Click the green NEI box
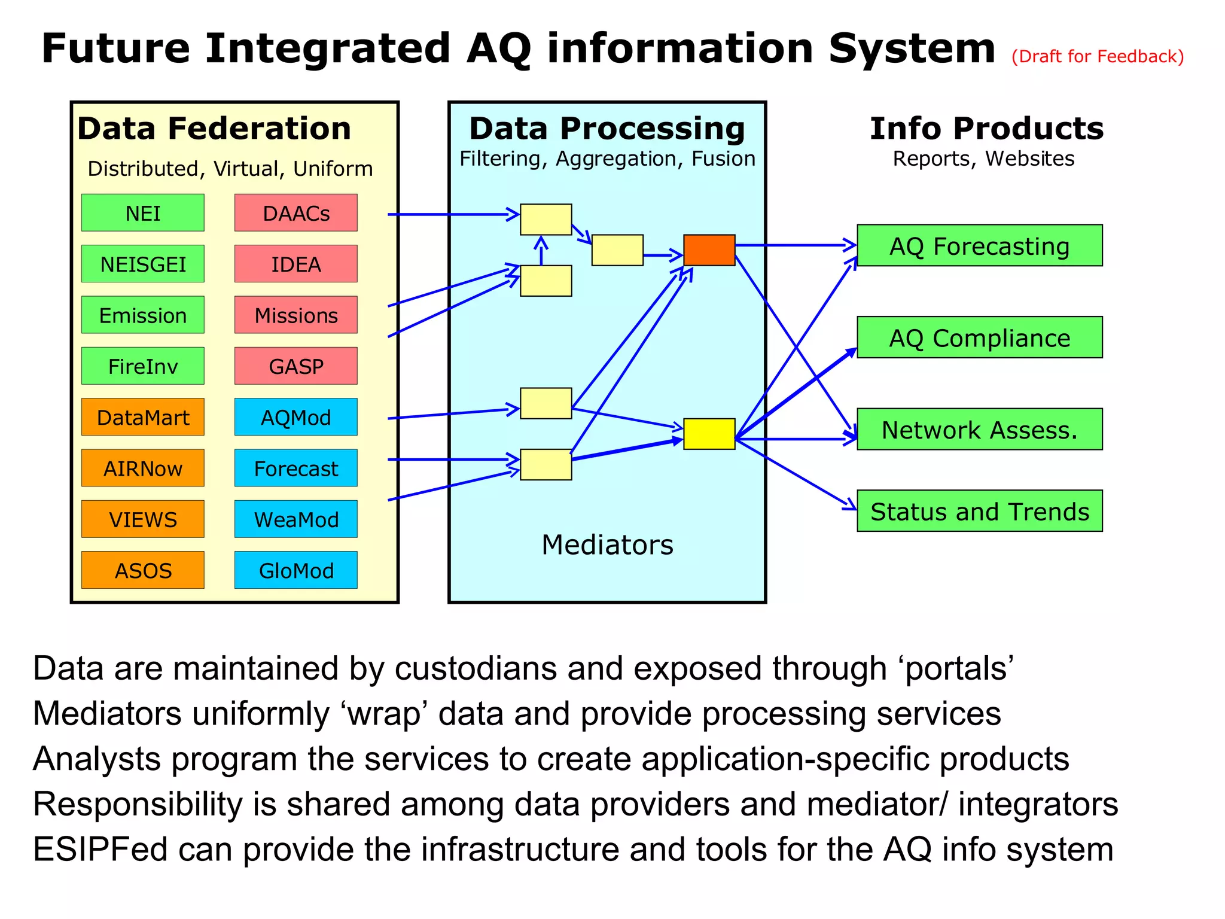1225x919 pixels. [142, 212]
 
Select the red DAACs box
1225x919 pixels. [295, 212]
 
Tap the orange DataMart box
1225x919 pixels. [142, 417]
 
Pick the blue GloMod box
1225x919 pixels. [295, 570]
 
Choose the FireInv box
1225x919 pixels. [142, 366]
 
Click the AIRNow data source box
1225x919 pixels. [142, 468]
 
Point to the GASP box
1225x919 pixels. [295, 366]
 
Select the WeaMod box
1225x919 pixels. [295, 519]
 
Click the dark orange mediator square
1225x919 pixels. [709, 250]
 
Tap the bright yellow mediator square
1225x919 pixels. [709, 434]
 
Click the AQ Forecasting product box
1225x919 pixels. [979, 245]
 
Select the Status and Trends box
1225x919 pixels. [979, 511]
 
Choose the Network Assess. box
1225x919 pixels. [979, 429]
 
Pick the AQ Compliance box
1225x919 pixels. [979, 337]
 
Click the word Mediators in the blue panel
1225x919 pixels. [607, 545]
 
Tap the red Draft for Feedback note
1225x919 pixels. [1097, 56]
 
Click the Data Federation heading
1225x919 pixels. [214, 129]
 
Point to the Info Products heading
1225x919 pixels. [986, 129]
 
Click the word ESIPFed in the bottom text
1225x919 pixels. [100, 850]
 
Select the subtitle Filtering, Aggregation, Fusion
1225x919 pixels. [607, 159]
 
